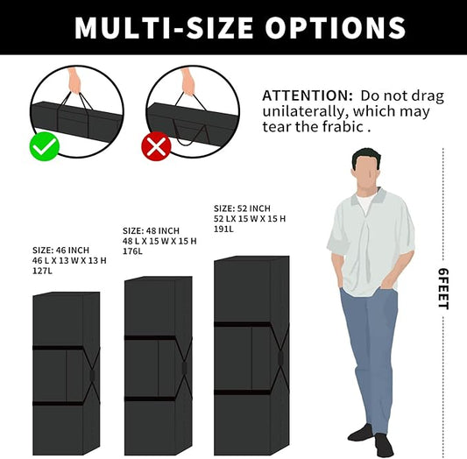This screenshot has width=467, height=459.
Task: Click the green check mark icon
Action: coord(45,146)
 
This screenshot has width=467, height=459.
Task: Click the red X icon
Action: coord(156,146)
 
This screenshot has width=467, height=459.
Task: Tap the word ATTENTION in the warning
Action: coord(308,95)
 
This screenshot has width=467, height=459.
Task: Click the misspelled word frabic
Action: coord(343,127)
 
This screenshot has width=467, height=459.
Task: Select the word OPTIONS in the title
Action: coord(336,27)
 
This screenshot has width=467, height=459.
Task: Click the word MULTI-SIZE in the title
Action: coord(164,27)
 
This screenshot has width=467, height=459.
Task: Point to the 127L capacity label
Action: coord(42,271)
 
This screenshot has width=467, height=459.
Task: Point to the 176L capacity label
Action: coord(132,251)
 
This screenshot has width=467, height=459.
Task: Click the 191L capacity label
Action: coord(223,229)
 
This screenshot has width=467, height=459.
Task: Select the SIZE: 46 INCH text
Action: coord(60,250)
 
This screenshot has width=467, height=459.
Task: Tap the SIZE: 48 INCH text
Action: coord(151,230)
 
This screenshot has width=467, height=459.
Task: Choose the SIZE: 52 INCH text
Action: coord(242,208)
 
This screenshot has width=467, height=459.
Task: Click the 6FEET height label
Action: coord(443,289)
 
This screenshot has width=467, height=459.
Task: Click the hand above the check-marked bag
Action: coord(74,81)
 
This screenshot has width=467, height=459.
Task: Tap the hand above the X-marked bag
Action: coord(188,81)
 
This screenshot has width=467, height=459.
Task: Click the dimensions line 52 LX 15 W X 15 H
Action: coord(250,219)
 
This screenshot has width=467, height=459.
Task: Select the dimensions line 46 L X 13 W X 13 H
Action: coord(69,260)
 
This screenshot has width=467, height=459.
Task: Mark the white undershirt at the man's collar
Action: coord(364,203)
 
